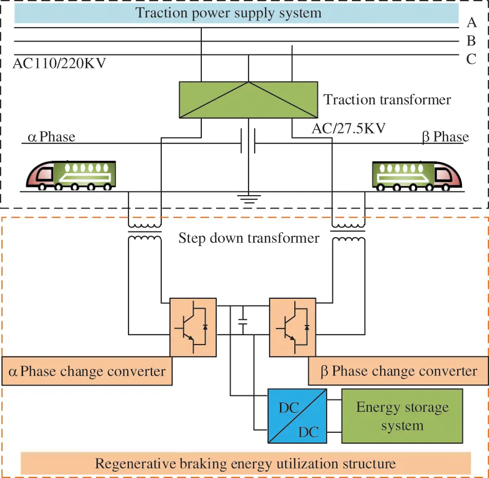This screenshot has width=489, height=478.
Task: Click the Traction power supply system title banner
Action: pyautogui.click(x=229, y=13)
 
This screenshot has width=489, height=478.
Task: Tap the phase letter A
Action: pyautogui.click(x=472, y=22)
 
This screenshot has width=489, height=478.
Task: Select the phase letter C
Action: pyautogui.click(x=472, y=59)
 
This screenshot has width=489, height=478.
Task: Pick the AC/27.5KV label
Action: pyautogui.click(x=348, y=129)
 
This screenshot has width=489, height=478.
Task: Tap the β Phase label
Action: pyautogui.click(x=445, y=137)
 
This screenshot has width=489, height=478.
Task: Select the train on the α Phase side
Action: pyautogui.click(x=71, y=175)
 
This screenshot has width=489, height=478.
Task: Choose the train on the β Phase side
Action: pyautogui.click(x=417, y=175)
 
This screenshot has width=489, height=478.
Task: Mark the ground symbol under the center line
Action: pyautogui.click(x=249, y=198)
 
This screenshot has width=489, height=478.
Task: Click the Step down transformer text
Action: pyautogui.click(x=249, y=238)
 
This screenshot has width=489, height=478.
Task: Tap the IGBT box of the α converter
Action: pyautogui.click(x=193, y=327)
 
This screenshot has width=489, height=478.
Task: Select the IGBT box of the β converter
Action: pyautogui.click(x=292, y=327)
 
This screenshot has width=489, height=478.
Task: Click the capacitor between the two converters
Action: pyautogui.click(x=243, y=325)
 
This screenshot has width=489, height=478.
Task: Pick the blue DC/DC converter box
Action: pyautogui.click(x=297, y=416)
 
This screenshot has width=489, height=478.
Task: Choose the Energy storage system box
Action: pyautogui.click(x=402, y=416)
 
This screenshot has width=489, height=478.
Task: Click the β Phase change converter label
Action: pyautogui.click(x=399, y=371)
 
